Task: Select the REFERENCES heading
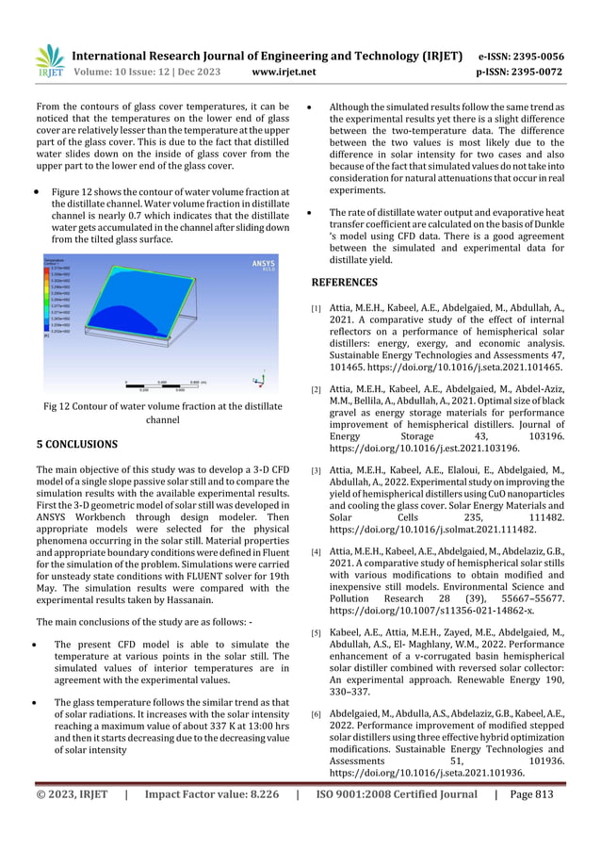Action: pyautogui.click(x=345, y=282)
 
